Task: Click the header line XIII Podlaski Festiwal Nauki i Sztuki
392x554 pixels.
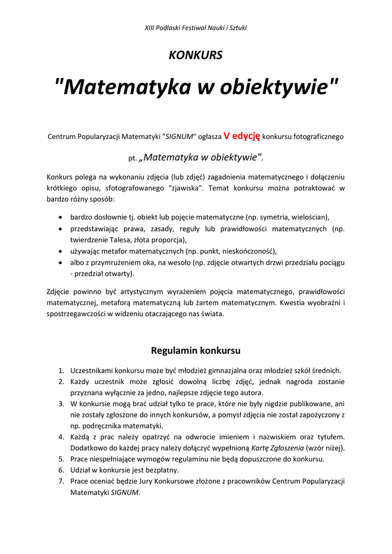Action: coord(196,28)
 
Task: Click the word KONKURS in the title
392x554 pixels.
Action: coord(196,55)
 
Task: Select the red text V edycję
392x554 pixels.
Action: coord(242,136)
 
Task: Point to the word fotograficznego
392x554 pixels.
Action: coord(318,137)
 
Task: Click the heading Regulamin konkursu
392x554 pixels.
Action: coord(196,350)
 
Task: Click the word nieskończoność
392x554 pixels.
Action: coord(247,251)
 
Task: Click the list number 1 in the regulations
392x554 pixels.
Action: coord(62,371)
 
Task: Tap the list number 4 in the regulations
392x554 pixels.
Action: coord(62,437)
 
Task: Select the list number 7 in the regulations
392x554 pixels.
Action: coord(62,481)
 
